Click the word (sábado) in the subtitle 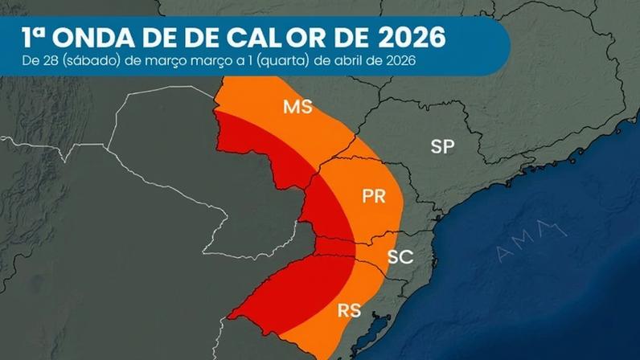(x=89, y=61)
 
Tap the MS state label (x=297, y=107)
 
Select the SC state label (x=400, y=257)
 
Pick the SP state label (x=442, y=146)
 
